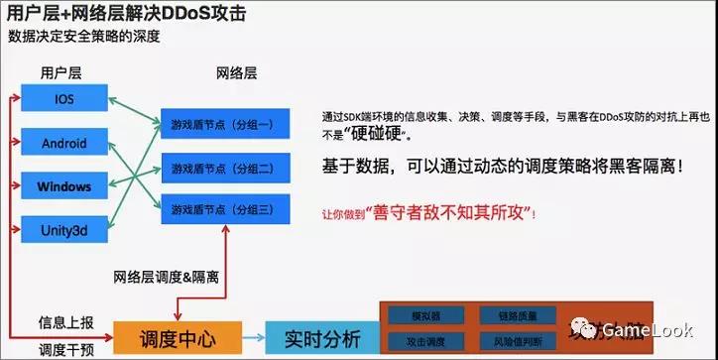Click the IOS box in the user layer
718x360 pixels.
tap(64, 99)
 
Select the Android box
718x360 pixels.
tap(64, 143)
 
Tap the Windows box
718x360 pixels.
tap(64, 186)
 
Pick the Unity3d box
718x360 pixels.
tap(64, 230)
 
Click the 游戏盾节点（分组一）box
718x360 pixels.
tap(227, 125)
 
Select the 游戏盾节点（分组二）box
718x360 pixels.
tap(227, 168)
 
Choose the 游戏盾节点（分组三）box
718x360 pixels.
tap(227, 209)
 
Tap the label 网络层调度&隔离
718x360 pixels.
tap(166, 277)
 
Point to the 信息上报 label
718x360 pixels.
tap(65, 322)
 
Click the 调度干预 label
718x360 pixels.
tap(65, 349)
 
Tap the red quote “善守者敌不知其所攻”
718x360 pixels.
tap(451, 212)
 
